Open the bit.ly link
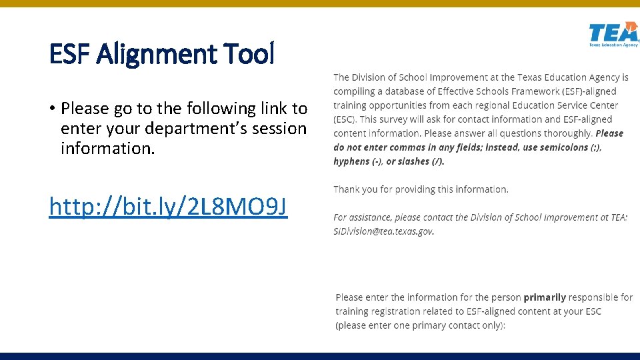point(168,207)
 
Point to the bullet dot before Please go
point(52,109)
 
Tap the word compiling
point(356,92)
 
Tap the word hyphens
point(352,161)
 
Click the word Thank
point(347,189)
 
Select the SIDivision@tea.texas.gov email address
point(383,231)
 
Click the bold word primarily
point(545,297)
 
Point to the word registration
point(396,311)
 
